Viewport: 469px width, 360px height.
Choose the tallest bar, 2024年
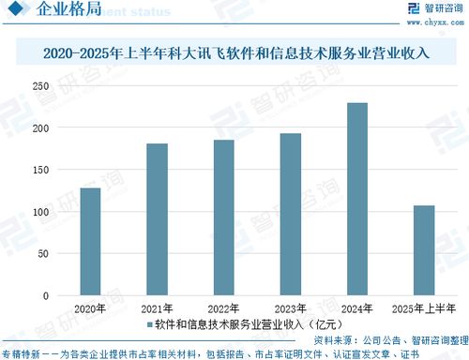coord(357,199)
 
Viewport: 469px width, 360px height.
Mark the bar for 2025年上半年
coord(424,250)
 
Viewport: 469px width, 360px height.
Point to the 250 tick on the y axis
coord(40,86)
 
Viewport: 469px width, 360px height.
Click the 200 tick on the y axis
coord(40,128)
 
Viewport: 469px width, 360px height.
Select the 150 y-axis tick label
coord(40,171)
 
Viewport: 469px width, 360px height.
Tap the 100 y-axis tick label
coord(40,213)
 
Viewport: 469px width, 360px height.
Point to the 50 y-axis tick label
coord(43,254)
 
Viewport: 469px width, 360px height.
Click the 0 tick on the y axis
coord(46,296)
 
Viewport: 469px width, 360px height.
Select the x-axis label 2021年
coord(157,308)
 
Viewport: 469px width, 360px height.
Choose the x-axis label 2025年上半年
coord(424,308)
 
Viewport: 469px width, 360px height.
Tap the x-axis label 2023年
coord(291,308)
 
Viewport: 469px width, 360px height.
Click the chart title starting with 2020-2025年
coord(235,53)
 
